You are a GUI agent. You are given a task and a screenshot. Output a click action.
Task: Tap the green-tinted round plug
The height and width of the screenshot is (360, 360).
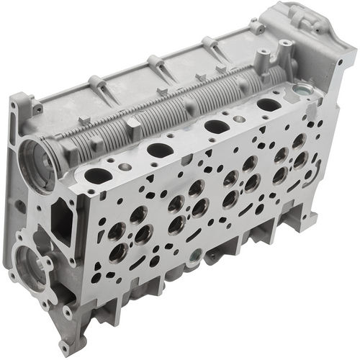pyautogui.click(x=300, y=91)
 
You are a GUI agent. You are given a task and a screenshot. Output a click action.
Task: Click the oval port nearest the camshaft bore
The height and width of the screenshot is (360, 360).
pyautogui.click(x=98, y=175)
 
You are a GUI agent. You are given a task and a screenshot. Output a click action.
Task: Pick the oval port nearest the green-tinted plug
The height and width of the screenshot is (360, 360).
pyautogui.click(x=269, y=104)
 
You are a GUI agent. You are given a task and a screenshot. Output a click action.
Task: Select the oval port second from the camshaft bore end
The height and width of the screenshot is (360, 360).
pyautogui.click(x=160, y=150)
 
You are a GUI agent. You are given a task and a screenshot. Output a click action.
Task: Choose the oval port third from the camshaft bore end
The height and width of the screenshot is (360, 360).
pyautogui.click(x=216, y=126)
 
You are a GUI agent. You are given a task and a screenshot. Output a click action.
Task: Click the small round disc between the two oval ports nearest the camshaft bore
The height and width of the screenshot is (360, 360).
pyautogui.click(x=125, y=166)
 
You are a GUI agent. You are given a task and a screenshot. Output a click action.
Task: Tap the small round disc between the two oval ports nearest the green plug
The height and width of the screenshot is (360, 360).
pyautogui.click(x=246, y=116)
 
